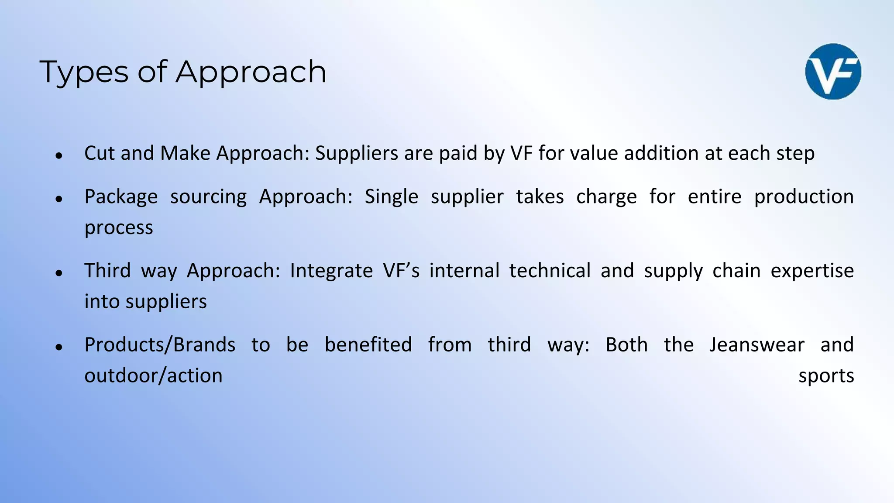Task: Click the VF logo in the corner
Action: [x=833, y=72]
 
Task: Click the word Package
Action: [x=121, y=197]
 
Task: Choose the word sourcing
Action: [x=208, y=197]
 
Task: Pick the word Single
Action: [x=391, y=196]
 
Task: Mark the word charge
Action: [x=606, y=197]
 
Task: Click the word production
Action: [x=804, y=197]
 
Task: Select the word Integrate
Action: [x=331, y=271]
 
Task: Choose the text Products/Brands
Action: [x=160, y=345]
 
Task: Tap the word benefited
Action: [x=368, y=345]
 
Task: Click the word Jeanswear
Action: [x=756, y=345]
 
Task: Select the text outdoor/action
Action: [x=153, y=376]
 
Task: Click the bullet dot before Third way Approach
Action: [x=59, y=273]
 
